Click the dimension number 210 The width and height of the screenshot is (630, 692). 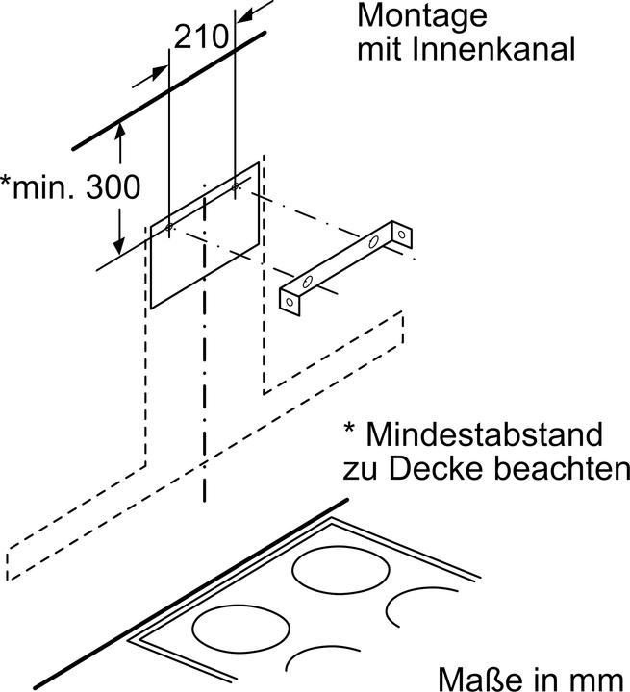pos(200,37)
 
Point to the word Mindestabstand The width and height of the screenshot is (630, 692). pos(487,434)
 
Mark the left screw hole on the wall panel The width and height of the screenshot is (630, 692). pos(170,227)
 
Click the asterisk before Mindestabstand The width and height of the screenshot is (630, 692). pos(350,432)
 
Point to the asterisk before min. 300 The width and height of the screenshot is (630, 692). pos(7,183)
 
